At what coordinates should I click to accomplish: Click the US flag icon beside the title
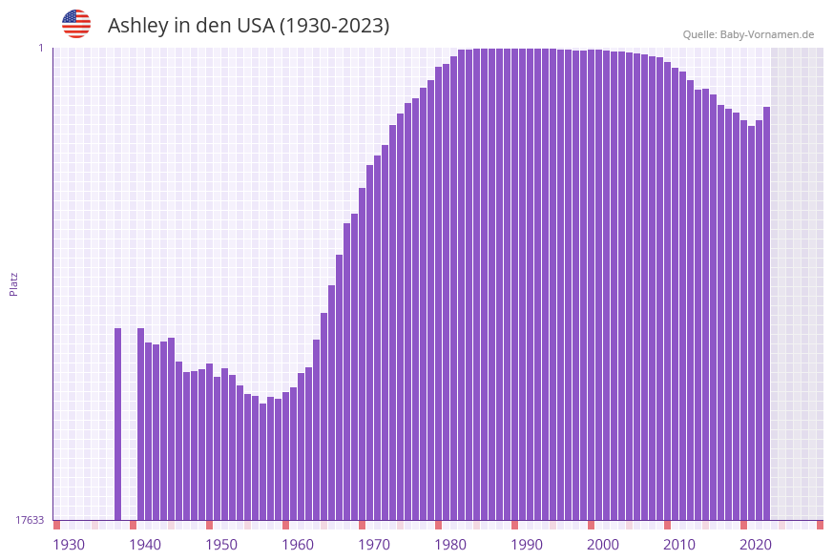tap(76, 24)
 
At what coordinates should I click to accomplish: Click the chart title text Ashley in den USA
tap(248, 26)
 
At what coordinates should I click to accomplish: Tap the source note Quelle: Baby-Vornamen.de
tap(748, 34)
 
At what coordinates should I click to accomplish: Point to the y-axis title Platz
tap(14, 283)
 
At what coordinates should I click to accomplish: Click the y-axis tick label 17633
tap(30, 520)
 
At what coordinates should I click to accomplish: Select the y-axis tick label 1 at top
tap(41, 48)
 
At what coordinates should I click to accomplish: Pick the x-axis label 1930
tap(69, 544)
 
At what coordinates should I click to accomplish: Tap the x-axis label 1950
tap(221, 544)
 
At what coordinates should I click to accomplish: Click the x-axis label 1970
tap(374, 544)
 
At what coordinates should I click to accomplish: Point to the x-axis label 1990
tap(527, 544)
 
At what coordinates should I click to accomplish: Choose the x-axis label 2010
tap(679, 544)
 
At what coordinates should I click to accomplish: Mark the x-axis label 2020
tap(756, 544)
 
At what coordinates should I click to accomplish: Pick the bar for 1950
tap(218, 448)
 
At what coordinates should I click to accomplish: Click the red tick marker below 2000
tap(592, 525)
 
